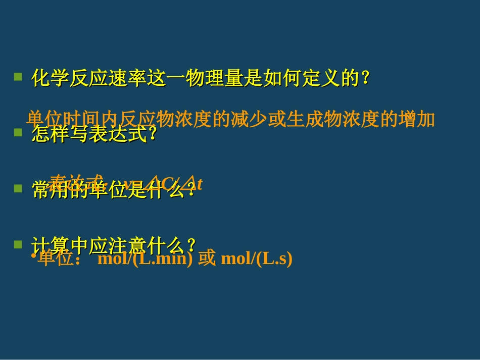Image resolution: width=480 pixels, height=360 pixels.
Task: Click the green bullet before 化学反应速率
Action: coord(18,77)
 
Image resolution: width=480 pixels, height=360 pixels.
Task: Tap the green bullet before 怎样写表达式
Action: coord(18,133)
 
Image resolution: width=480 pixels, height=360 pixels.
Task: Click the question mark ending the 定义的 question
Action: coord(368,78)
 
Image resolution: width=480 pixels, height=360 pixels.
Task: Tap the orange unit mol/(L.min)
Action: coord(145,259)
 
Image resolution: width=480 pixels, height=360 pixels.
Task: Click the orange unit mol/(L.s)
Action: coord(257,259)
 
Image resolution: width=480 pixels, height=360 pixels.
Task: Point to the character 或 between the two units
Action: coord(207,259)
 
